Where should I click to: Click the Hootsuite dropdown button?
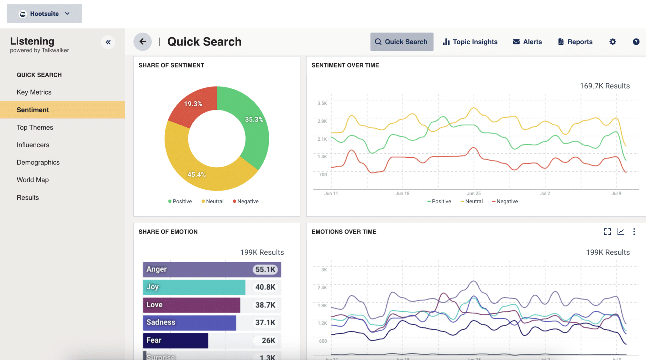[44, 14]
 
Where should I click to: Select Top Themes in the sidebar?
[35, 127]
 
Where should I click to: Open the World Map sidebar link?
[32, 180]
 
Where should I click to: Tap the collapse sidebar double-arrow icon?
[108, 42]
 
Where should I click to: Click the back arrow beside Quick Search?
[143, 42]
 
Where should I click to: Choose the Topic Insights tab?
[470, 42]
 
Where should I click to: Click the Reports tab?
[575, 42]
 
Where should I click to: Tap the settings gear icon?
[613, 42]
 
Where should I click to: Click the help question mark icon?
[636, 42]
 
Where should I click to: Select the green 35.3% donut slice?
[254, 126]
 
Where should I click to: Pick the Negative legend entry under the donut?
[246, 201]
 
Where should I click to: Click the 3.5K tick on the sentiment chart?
[322, 103]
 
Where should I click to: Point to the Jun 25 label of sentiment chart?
[474, 193]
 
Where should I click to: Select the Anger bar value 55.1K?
[265, 269]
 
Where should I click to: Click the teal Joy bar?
[194, 287]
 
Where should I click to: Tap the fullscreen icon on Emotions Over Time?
[607, 232]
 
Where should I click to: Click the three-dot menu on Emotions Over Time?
[634, 232]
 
